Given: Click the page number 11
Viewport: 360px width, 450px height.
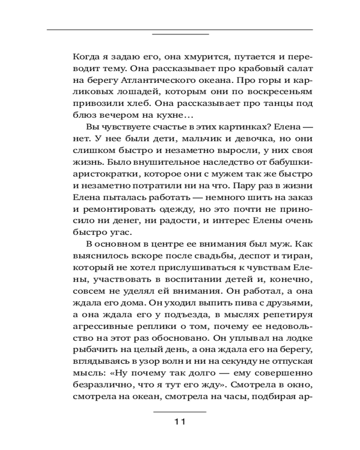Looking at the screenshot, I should click(x=180, y=422).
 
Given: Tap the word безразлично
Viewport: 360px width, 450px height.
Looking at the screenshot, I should click(x=99, y=385).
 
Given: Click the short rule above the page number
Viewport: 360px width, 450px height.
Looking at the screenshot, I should click(x=180, y=411).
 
